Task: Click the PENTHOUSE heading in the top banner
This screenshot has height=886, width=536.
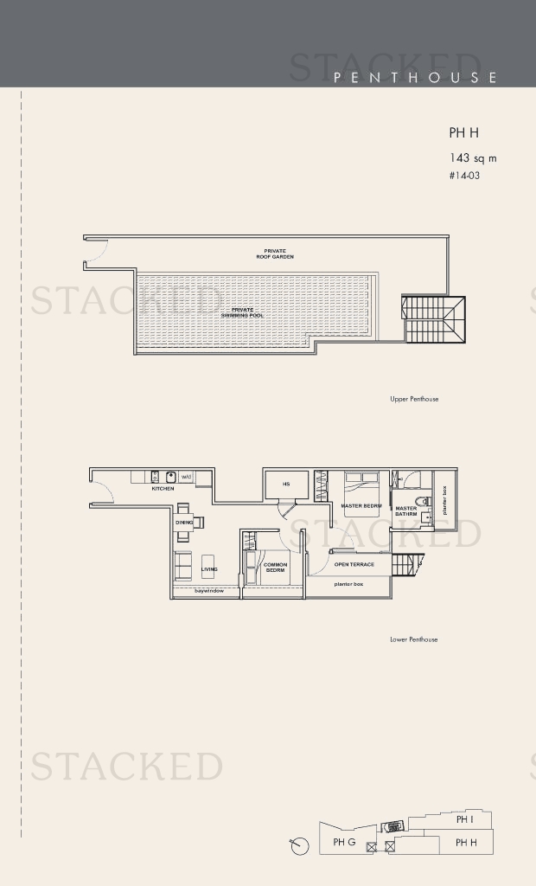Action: (415, 78)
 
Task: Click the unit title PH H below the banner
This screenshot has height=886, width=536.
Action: (463, 133)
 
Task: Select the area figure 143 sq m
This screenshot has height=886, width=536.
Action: (472, 158)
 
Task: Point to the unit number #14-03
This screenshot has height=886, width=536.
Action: (464, 176)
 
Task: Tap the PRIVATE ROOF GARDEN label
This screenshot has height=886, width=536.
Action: (275, 254)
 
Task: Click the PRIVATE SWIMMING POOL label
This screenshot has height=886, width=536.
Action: (243, 312)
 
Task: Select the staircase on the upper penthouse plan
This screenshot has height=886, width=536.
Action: (433, 318)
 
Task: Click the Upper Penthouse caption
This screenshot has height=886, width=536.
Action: (414, 399)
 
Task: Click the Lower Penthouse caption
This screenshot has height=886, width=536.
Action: (414, 639)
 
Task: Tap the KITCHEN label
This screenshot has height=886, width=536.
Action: (163, 489)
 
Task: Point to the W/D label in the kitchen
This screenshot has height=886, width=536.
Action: (186, 477)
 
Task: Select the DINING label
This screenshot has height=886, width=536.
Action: (184, 523)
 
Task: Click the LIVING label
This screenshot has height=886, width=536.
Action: (209, 569)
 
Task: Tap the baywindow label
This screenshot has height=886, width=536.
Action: (209, 591)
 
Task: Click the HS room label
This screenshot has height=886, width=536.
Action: (286, 485)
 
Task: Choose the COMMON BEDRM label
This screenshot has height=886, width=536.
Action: (275, 568)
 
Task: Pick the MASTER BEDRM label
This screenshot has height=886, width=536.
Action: (361, 506)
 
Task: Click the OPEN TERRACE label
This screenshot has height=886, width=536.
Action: (354, 564)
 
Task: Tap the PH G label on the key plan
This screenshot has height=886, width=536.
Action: (344, 842)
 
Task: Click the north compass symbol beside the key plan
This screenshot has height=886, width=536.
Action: (300, 845)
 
